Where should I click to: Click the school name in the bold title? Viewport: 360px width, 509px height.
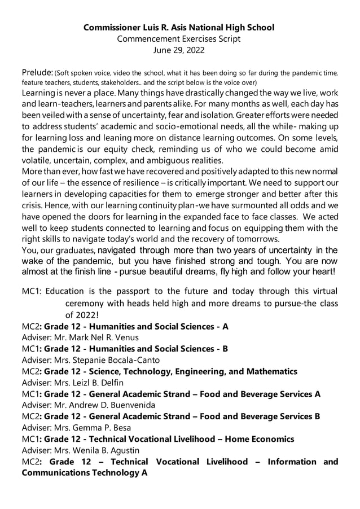179,27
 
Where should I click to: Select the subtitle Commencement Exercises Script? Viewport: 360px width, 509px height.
179,38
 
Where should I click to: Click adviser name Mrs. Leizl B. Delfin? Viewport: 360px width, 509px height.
95,383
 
